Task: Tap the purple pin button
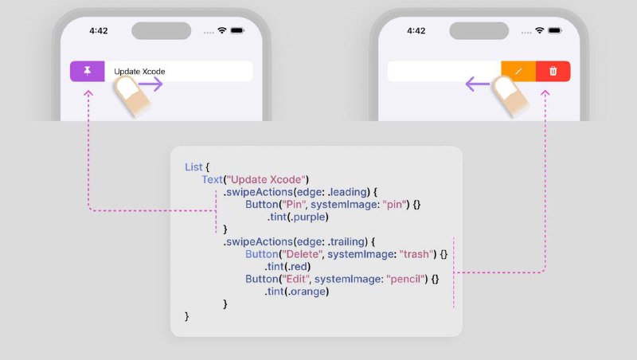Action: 88,71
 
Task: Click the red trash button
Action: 553,71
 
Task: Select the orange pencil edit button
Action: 518,71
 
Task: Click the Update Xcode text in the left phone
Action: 139,72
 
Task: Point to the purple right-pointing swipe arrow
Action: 150,84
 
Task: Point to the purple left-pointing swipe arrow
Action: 478,84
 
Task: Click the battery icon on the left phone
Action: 237,30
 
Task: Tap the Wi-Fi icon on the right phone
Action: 540,30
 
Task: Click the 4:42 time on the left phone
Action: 98,31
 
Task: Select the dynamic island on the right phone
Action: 479,31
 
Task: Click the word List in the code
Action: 193,167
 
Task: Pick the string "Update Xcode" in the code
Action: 266,179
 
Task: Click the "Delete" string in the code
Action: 303,254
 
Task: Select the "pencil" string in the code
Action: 405,279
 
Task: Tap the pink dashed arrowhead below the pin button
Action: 88,93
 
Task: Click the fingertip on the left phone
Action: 127,89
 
